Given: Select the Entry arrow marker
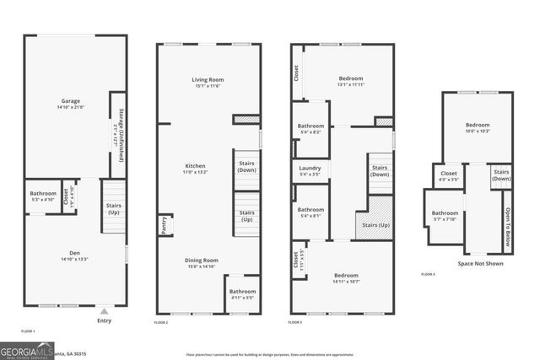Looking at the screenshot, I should coord(104,309).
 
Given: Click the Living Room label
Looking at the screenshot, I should coord(207,82).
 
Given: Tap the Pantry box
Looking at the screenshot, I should coord(164,225).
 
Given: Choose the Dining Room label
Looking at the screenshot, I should coord(202,262).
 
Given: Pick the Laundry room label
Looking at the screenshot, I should coord(310,172).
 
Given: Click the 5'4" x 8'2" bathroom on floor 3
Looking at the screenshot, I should coord(310,129).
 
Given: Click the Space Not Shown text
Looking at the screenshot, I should coord(482,264).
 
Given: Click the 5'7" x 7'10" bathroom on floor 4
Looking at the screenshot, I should coord(444,216).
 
